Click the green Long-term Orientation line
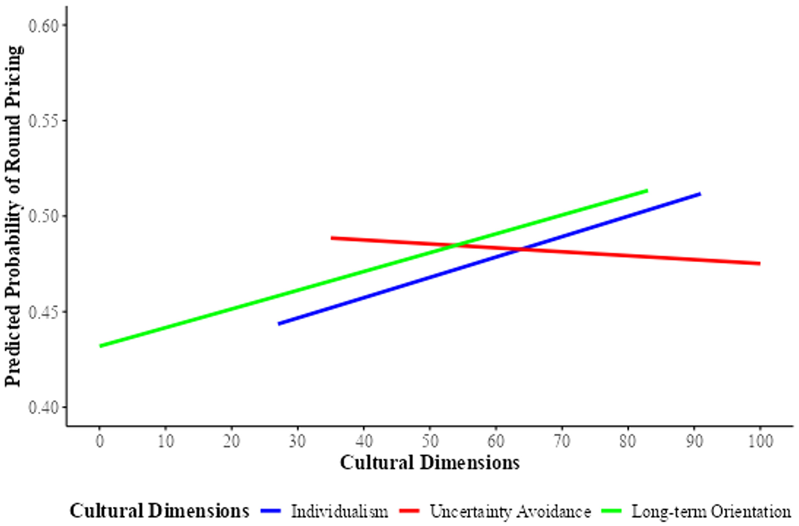pyautogui.click(x=226, y=310)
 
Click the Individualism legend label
pyautogui.click(x=339, y=511)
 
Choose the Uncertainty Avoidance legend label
pyautogui.click(x=510, y=511)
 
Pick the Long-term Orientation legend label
pyautogui.click(x=711, y=511)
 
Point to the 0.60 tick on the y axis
pyautogui.click(x=43, y=25)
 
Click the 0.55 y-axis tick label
pyautogui.click(x=43, y=121)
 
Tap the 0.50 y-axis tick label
pyautogui.click(x=43, y=216)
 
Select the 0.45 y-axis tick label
pyautogui.click(x=43, y=312)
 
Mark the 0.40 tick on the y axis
pyautogui.click(x=43, y=407)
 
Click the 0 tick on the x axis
pyautogui.click(x=100, y=440)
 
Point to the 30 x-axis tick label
pyautogui.click(x=298, y=440)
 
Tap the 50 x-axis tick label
pyautogui.click(x=430, y=440)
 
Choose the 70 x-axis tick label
pyautogui.click(x=562, y=440)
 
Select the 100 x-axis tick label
pyautogui.click(x=760, y=440)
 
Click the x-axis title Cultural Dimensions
pyautogui.click(x=430, y=463)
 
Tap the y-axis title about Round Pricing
pyautogui.click(x=14, y=216)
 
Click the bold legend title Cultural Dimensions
pyautogui.click(x=159, y=511)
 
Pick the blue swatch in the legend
pyautogui.click(x=271, y=511)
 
